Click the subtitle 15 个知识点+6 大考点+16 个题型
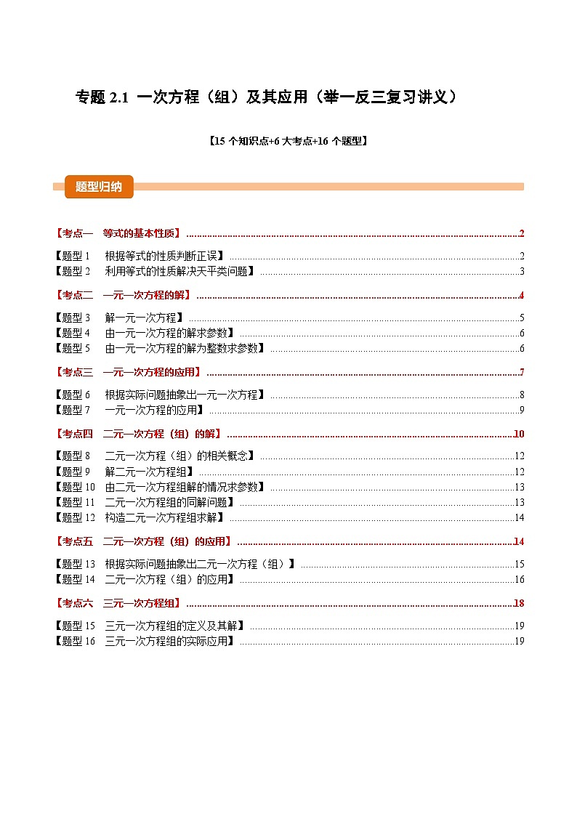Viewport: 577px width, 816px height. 288,142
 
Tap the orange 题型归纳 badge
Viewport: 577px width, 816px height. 99,187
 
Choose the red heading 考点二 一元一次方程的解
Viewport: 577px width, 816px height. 124,295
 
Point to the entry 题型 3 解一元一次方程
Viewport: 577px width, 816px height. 120,318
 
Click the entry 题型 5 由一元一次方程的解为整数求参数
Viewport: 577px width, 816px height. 161,349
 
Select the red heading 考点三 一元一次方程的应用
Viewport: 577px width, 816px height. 129,373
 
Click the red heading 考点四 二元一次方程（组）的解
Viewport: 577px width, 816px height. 139,435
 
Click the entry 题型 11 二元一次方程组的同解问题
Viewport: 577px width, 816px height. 145,503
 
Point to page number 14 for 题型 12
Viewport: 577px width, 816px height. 519,518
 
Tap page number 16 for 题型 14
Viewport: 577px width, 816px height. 519,580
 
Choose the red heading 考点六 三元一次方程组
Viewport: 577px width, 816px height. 118,603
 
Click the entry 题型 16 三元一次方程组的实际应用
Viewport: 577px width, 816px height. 145,642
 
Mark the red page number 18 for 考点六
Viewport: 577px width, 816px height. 519,603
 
